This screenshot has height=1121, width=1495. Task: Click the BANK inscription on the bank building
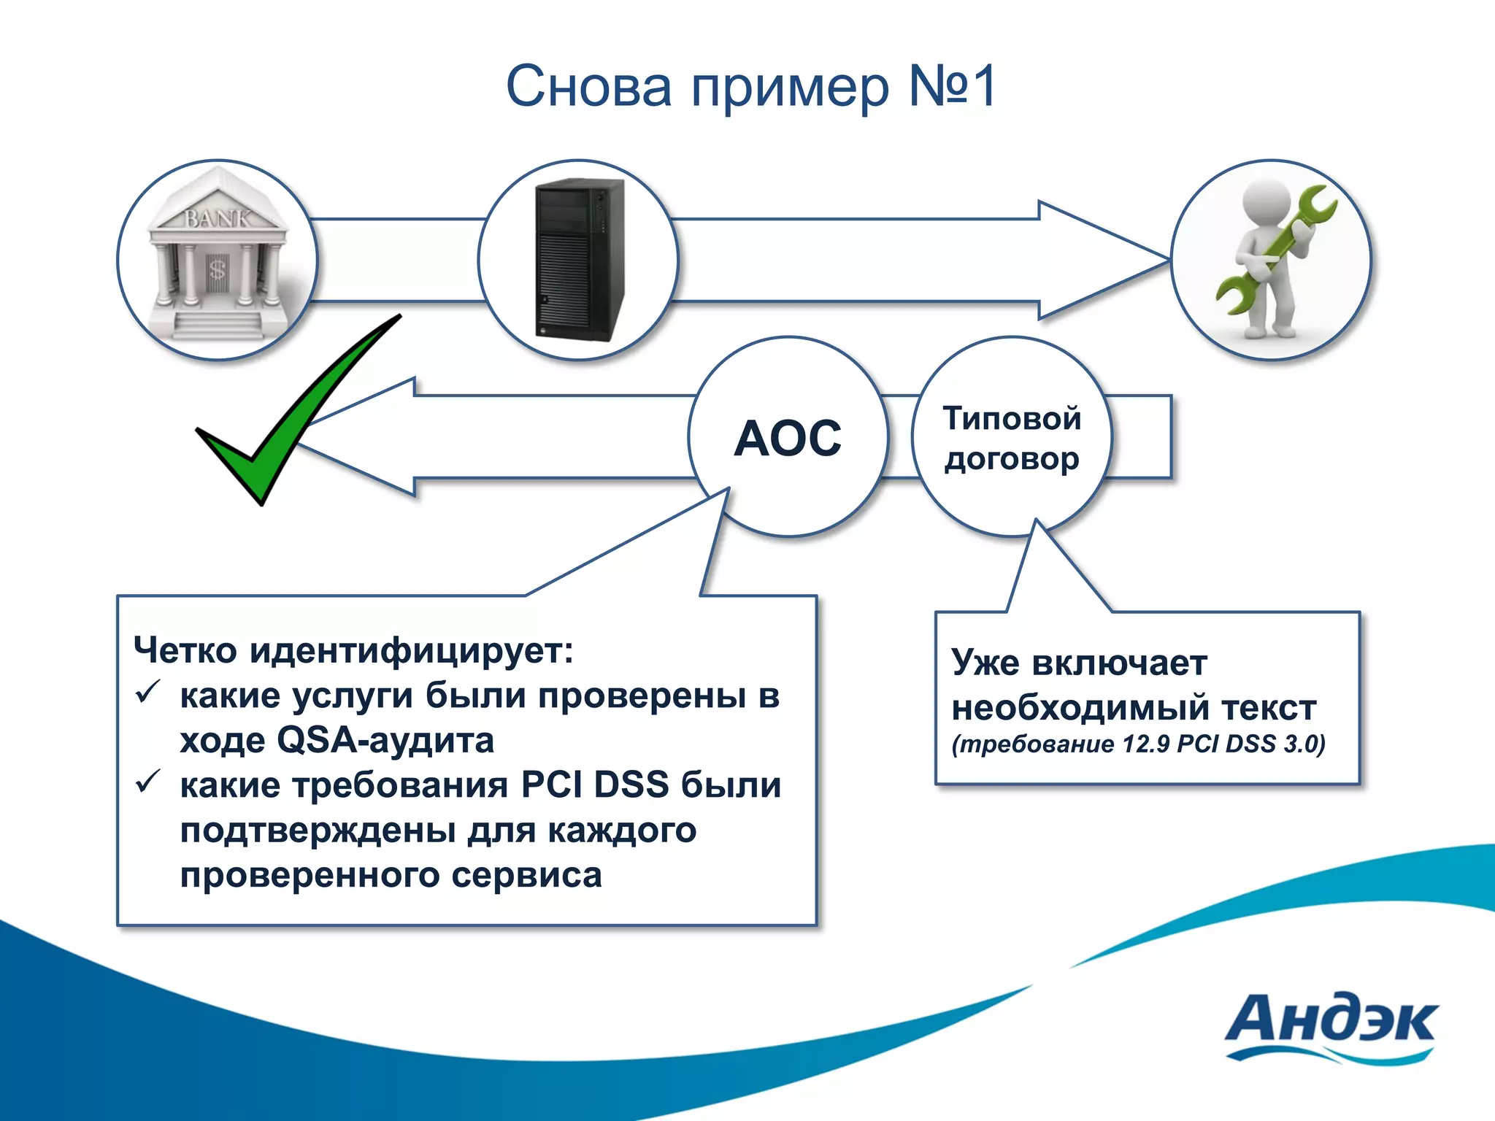coord(217,217)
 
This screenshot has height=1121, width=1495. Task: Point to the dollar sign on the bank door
coord(218,269)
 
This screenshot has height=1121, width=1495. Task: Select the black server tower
coord(580,260)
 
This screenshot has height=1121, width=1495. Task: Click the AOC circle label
coord(788,439)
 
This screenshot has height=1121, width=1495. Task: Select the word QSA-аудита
coord(385,740)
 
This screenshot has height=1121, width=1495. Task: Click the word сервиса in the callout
coord(526,875)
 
